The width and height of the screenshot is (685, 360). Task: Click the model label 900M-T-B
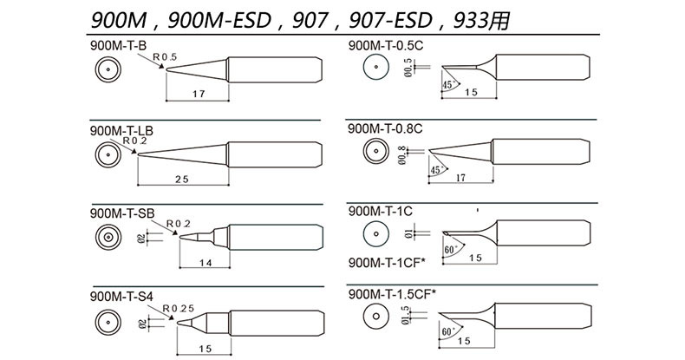tap(119, 45)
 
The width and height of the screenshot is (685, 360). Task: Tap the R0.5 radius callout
tap(165, 56)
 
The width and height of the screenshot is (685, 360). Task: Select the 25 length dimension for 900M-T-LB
tap(182, 179)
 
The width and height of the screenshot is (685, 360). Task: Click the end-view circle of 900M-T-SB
tap(108, 237)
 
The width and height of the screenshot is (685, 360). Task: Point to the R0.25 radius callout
tap(179, 309)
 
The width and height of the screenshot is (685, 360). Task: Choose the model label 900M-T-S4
tap(121, 297)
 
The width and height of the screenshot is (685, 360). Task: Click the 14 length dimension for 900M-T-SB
tap(205, 263)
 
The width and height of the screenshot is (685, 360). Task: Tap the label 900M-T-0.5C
tap(386, 45)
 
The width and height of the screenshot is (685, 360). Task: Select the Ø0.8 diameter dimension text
tap(401, 155)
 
